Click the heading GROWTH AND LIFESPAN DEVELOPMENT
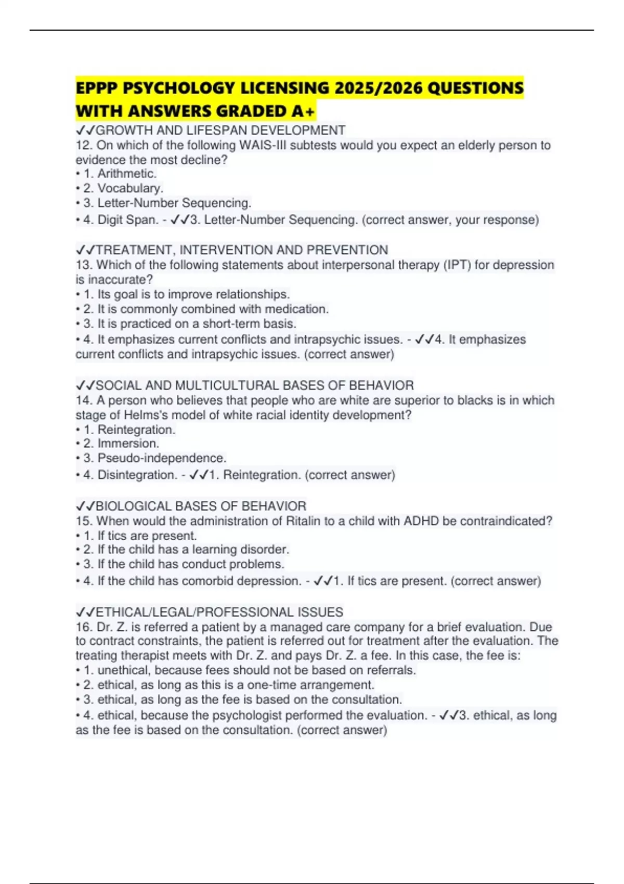point(220,130)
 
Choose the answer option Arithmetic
point(126,174)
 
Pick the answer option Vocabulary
point(130,188)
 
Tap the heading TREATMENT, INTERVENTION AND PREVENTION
point(242,250)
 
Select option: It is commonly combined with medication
point(213,309)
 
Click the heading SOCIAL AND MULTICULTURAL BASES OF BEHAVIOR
point(255,385)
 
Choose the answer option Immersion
point(128,444)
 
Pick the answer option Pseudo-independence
point(162,458)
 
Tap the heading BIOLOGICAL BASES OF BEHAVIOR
point(201,506)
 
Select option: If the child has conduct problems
point(190,564)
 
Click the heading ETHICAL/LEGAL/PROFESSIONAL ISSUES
point(219,612)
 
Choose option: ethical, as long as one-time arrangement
point(236,685)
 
